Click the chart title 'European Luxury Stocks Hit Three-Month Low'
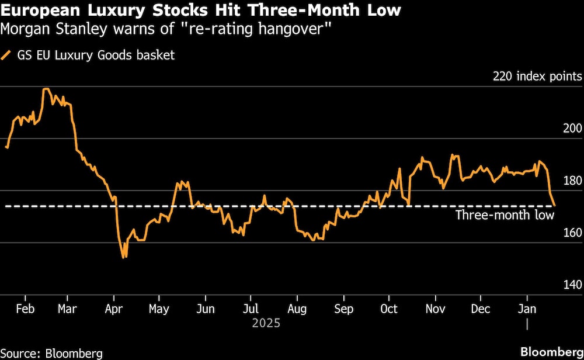coord(201,11)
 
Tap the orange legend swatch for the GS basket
coord(7,56)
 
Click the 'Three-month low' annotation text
coord(505,216)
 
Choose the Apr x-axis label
coord(113,309)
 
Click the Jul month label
coord(251,309)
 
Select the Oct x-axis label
coord(388,309)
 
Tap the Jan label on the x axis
coord(528,309)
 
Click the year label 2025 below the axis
coord(266,323)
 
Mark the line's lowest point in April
coord(124,258)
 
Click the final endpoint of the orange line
coord(555,206)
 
